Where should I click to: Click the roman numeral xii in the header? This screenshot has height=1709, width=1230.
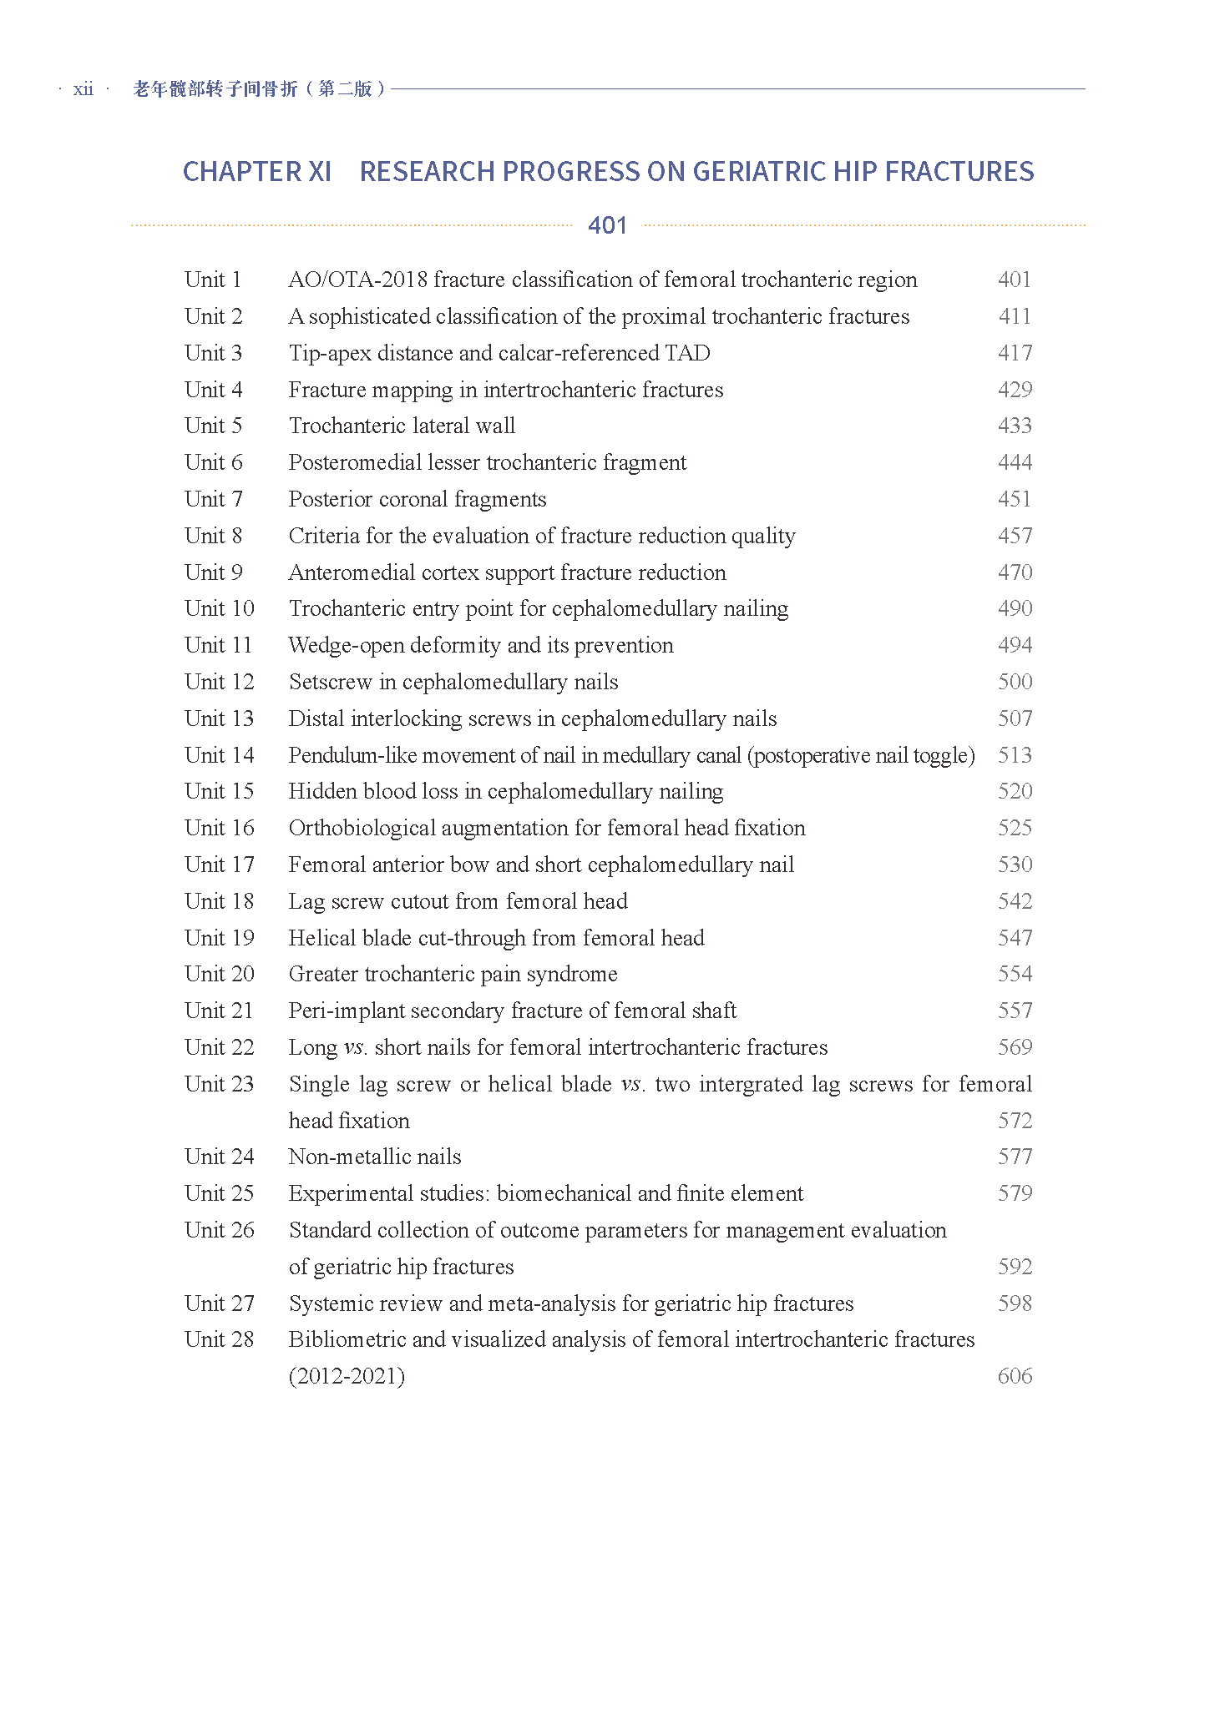(x=84, y=89)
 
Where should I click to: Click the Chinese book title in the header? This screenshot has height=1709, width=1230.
(x=259, y=88)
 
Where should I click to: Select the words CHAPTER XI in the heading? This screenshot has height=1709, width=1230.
(x=257, y=172)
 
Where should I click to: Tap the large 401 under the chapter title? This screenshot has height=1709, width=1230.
(x=607, y=225)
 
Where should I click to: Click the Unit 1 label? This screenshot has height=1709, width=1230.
(x=213, y=280)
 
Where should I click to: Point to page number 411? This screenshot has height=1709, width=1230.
(x=1015, y=316)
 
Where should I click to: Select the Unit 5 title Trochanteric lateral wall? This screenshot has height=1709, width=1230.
(x=402, y=426)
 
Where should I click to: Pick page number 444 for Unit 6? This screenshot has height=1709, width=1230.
(x=1015, y=462)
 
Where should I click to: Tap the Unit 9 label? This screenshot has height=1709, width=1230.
(x=213, y=572)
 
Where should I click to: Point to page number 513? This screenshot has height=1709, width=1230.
(x=1015, y=755)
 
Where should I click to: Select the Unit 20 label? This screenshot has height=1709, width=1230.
(x=219, y=974)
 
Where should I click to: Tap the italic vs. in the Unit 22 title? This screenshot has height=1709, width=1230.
(x=355, y=1047)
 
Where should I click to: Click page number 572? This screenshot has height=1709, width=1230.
(x=1015, y=1121)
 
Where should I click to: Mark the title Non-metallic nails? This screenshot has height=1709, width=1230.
(x=375, y=1157)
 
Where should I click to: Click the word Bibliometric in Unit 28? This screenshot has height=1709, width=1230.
(x=347, y=1339)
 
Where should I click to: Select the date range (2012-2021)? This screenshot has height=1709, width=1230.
(x=347, y=1376)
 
